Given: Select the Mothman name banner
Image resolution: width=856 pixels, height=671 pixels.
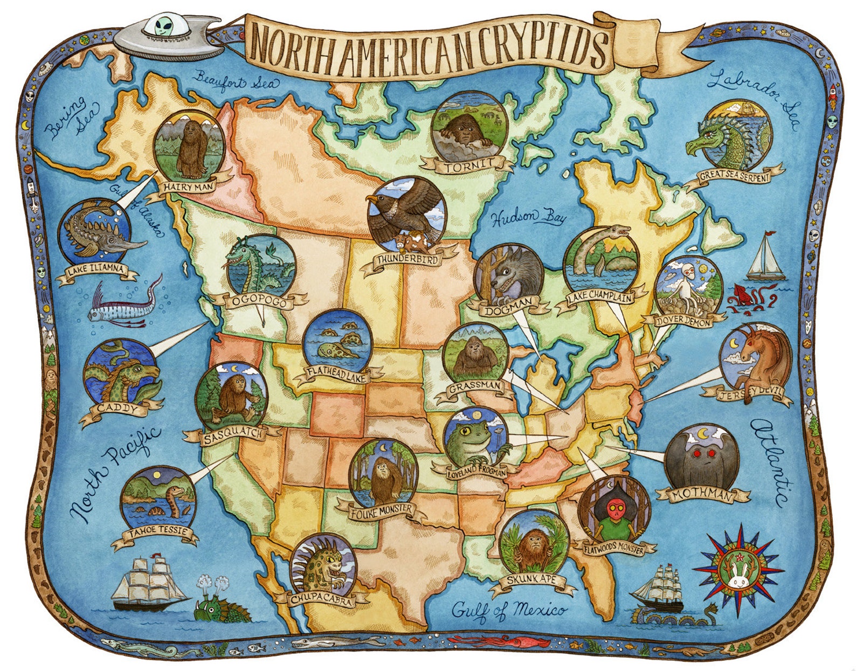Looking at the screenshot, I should click(x=701, y=495).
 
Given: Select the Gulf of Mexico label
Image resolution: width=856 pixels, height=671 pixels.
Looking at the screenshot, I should click(x=509, y=610).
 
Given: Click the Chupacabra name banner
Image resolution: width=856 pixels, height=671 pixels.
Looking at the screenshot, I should click(x=314, y=599).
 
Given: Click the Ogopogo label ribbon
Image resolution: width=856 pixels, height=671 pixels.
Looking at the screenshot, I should click(x=259, y=302).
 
